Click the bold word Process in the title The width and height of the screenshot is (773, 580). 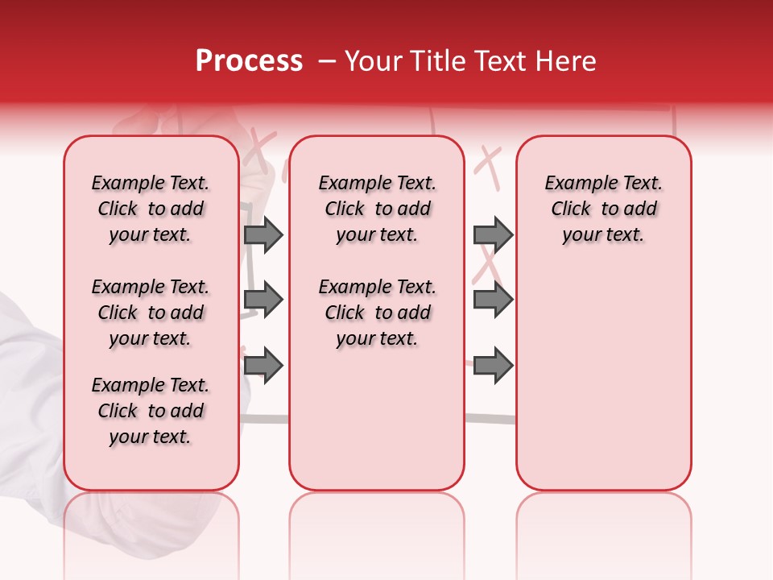249,61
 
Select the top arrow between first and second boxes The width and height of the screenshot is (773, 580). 263,234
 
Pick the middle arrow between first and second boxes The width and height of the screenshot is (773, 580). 263,300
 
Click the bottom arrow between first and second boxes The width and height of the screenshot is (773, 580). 263,365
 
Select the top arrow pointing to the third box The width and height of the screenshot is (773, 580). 493,234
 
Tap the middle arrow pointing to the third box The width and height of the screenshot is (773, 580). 493,300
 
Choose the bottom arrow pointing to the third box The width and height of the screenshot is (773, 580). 493,365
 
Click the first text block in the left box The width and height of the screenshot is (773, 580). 151,209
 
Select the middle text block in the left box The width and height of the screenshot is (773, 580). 151,313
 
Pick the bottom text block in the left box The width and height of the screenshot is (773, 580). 151,411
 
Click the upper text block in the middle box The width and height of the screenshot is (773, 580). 377,209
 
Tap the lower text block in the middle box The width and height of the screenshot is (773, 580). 377,313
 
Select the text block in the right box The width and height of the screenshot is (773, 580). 603,209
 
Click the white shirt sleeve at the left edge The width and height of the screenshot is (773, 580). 24,379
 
